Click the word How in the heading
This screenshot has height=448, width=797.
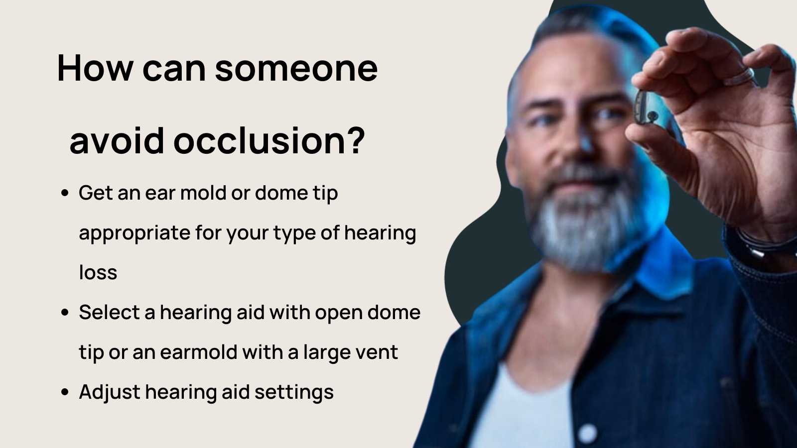(95, 68)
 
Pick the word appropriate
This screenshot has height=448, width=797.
(134, 233)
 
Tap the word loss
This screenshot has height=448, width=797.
(98, 273)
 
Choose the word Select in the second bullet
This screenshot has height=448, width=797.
(109, 313)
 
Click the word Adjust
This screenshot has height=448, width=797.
(109, 392)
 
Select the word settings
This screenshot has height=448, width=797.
(294, 392)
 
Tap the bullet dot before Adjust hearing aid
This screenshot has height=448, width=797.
(65, 392)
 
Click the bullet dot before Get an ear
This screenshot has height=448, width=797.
(65, 193)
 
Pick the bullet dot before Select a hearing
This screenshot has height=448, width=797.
(65, 313)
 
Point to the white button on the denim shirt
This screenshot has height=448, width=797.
(588, 433)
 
